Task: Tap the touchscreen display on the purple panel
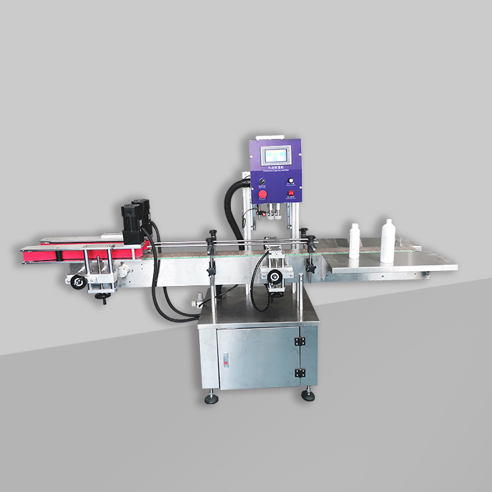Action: [x=275, y=156]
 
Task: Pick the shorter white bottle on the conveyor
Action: [x=355, y=241]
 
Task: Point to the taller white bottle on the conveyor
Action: [x=388, y=241]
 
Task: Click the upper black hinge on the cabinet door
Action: [x=300, y=342]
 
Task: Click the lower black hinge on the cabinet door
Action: [x=300, y=373]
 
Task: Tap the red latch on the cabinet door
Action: [x=225, y=360]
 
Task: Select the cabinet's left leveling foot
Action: [x=211, y=398]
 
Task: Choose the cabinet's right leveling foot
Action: [x=307, y=395]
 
